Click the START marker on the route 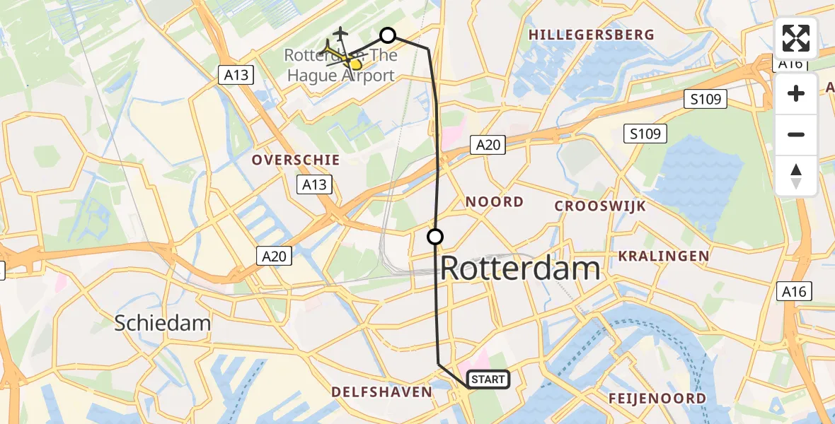coord(488,379)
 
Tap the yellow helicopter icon coord(345,58)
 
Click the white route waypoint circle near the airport coord(388,35)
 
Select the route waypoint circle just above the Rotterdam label coord(435,237)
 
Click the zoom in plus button coord(796,94)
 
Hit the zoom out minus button coord(796,135)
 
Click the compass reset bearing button coord(796,176)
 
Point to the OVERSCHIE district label coord(296,160)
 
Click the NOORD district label coord(495,202)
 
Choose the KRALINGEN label coord(664,256)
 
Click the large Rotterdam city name coord(521,269)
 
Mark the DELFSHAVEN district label coord(381,392)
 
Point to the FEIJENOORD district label coord(657,399)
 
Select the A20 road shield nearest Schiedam coord(274,256)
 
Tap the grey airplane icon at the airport coord(340,34)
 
